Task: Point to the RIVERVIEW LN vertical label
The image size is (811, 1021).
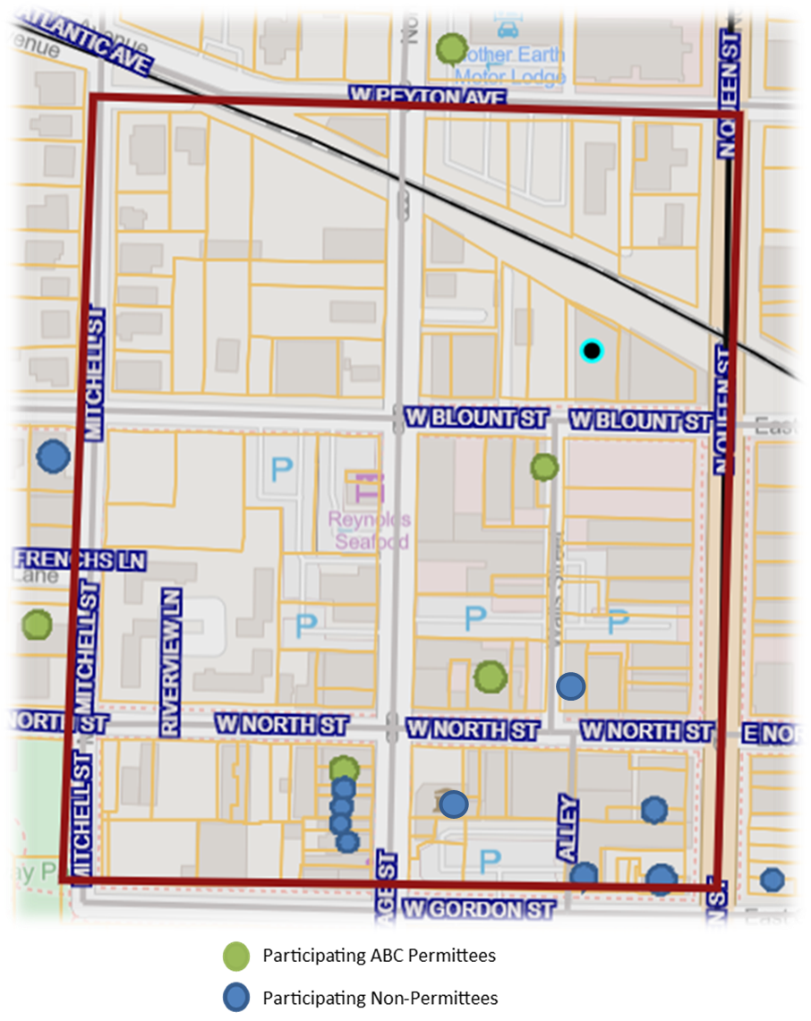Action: pyautogui.click(x=170, y=661)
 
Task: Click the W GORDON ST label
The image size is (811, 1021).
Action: pyautogui.click(x=477, y=910)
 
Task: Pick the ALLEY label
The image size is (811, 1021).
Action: pyautogui.click(x=568, y=828)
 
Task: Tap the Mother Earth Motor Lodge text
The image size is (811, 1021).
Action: pyautogui.click(x=511, y=65)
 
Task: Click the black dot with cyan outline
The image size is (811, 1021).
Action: pyautogui.click(x=591, y=351)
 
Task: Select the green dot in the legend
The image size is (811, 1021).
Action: pyautogui.click(x=236, y=957)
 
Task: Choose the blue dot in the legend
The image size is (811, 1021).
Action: pyautogui.click(x=236, y=997)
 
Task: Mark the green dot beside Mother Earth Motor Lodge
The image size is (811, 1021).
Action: pyautogui.click(x=451, y=48)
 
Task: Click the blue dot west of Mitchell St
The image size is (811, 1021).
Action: pyautogui.click(x=53, y=456)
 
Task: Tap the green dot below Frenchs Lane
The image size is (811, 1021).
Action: pyautogui.click(x=37, y=623)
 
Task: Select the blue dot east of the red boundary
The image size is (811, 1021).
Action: pyautogui.click(x=772, y=880)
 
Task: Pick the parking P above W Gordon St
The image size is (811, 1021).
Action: pyautogui.click(x=489, y=862)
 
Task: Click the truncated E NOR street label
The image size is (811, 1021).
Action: pyautogui.click(x=775, y=734)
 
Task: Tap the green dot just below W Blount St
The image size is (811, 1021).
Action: pyautogui.click(x=544, y=466)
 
